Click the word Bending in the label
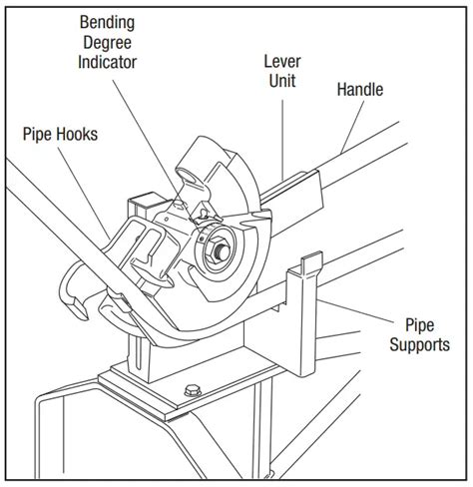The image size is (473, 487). (107, 23)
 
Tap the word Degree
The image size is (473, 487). (107, 43)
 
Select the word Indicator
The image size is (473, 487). (107, 62)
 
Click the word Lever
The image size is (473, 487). (282, 62)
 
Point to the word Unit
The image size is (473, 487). (282, 81)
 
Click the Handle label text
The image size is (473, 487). (360, 90)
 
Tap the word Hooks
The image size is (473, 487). (77, 135)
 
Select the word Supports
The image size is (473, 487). (419, 345)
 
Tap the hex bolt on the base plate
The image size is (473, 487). (193, 390)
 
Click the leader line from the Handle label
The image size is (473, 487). (353, 127)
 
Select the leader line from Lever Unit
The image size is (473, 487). (282, 140)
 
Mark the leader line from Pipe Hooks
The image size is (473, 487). (84, 194)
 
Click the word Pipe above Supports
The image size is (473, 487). (419, 325)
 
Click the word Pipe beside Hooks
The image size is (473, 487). (37, 135)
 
